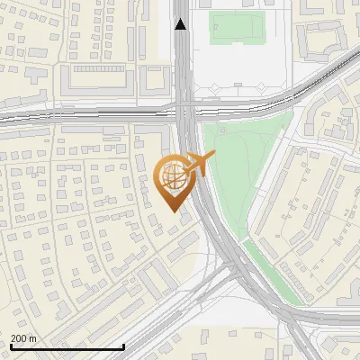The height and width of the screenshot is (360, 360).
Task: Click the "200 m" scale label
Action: coord(23,338)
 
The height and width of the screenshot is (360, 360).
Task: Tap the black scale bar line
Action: coord(67,346)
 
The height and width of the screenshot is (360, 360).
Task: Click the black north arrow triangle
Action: coord(181,24)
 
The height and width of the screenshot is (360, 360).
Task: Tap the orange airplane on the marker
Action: coord(199,164)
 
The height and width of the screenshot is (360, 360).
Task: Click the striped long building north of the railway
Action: coord(102,68)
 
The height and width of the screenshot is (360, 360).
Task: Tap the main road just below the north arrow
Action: coord(183,54)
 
